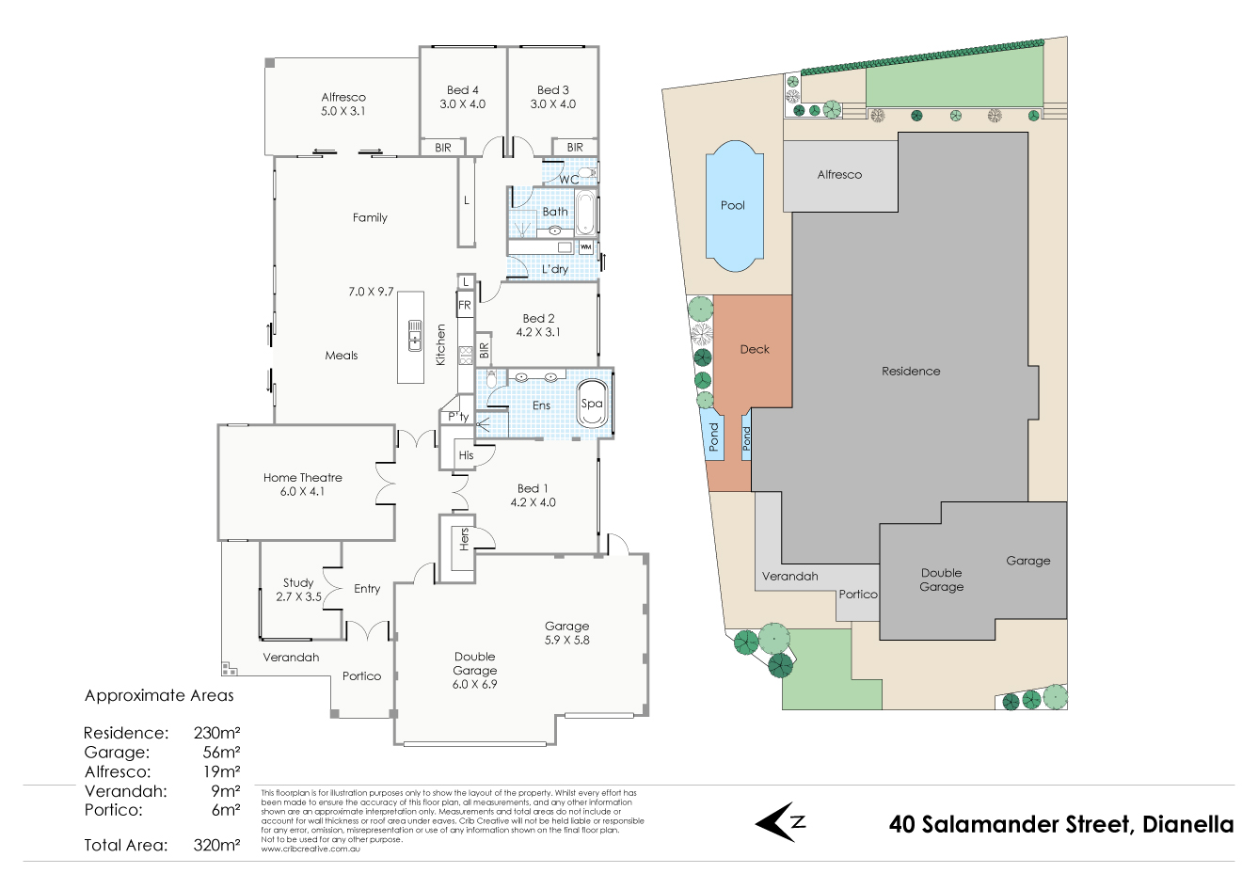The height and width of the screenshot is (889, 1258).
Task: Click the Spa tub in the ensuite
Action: click(x=592, y=404)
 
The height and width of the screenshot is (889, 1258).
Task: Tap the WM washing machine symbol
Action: click(x=585, y=247)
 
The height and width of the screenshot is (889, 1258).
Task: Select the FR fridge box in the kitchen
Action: click(x=465, y=305)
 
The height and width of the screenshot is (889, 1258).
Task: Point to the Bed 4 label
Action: click(x=462, y=90)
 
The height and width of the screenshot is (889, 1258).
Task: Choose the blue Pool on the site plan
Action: click(x=733, y=205)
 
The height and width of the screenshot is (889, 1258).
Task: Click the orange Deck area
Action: click(x=753, y=350)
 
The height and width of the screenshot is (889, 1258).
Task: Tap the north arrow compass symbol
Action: click(x=780, y=823)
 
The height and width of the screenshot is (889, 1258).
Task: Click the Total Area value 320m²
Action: click(x=216, y=845)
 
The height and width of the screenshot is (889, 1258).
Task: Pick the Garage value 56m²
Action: click(x=221, y=753)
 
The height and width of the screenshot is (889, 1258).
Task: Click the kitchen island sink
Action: click(x=414, y=336)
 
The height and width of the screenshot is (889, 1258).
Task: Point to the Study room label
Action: click(x=298, y=583)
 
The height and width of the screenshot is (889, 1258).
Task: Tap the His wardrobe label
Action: click(x=467, y=455)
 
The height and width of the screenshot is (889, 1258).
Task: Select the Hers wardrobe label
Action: click(x=464, y=539)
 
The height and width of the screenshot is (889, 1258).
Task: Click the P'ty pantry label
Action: click(x=458, y=417)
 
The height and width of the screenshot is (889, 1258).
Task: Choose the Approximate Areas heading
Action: click(x=159, y=696)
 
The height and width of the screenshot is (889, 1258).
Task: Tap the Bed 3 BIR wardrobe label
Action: click(x=575, y=148)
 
